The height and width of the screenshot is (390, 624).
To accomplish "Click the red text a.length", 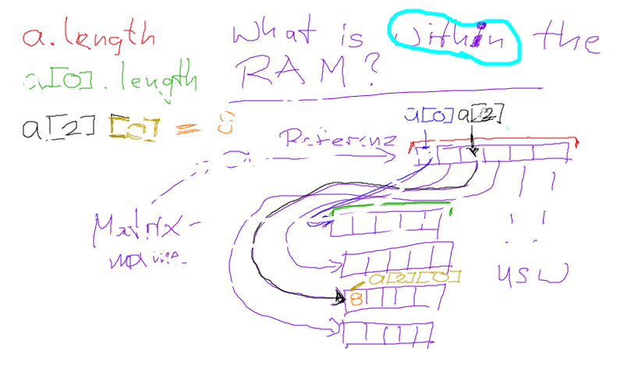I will (89, 35).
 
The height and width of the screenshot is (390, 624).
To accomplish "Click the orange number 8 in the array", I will (356, 298).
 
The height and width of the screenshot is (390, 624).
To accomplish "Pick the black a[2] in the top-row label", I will (477, 116).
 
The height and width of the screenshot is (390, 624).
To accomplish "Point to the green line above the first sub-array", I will (390, 206).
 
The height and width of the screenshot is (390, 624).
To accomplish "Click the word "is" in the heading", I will (356, 35).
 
